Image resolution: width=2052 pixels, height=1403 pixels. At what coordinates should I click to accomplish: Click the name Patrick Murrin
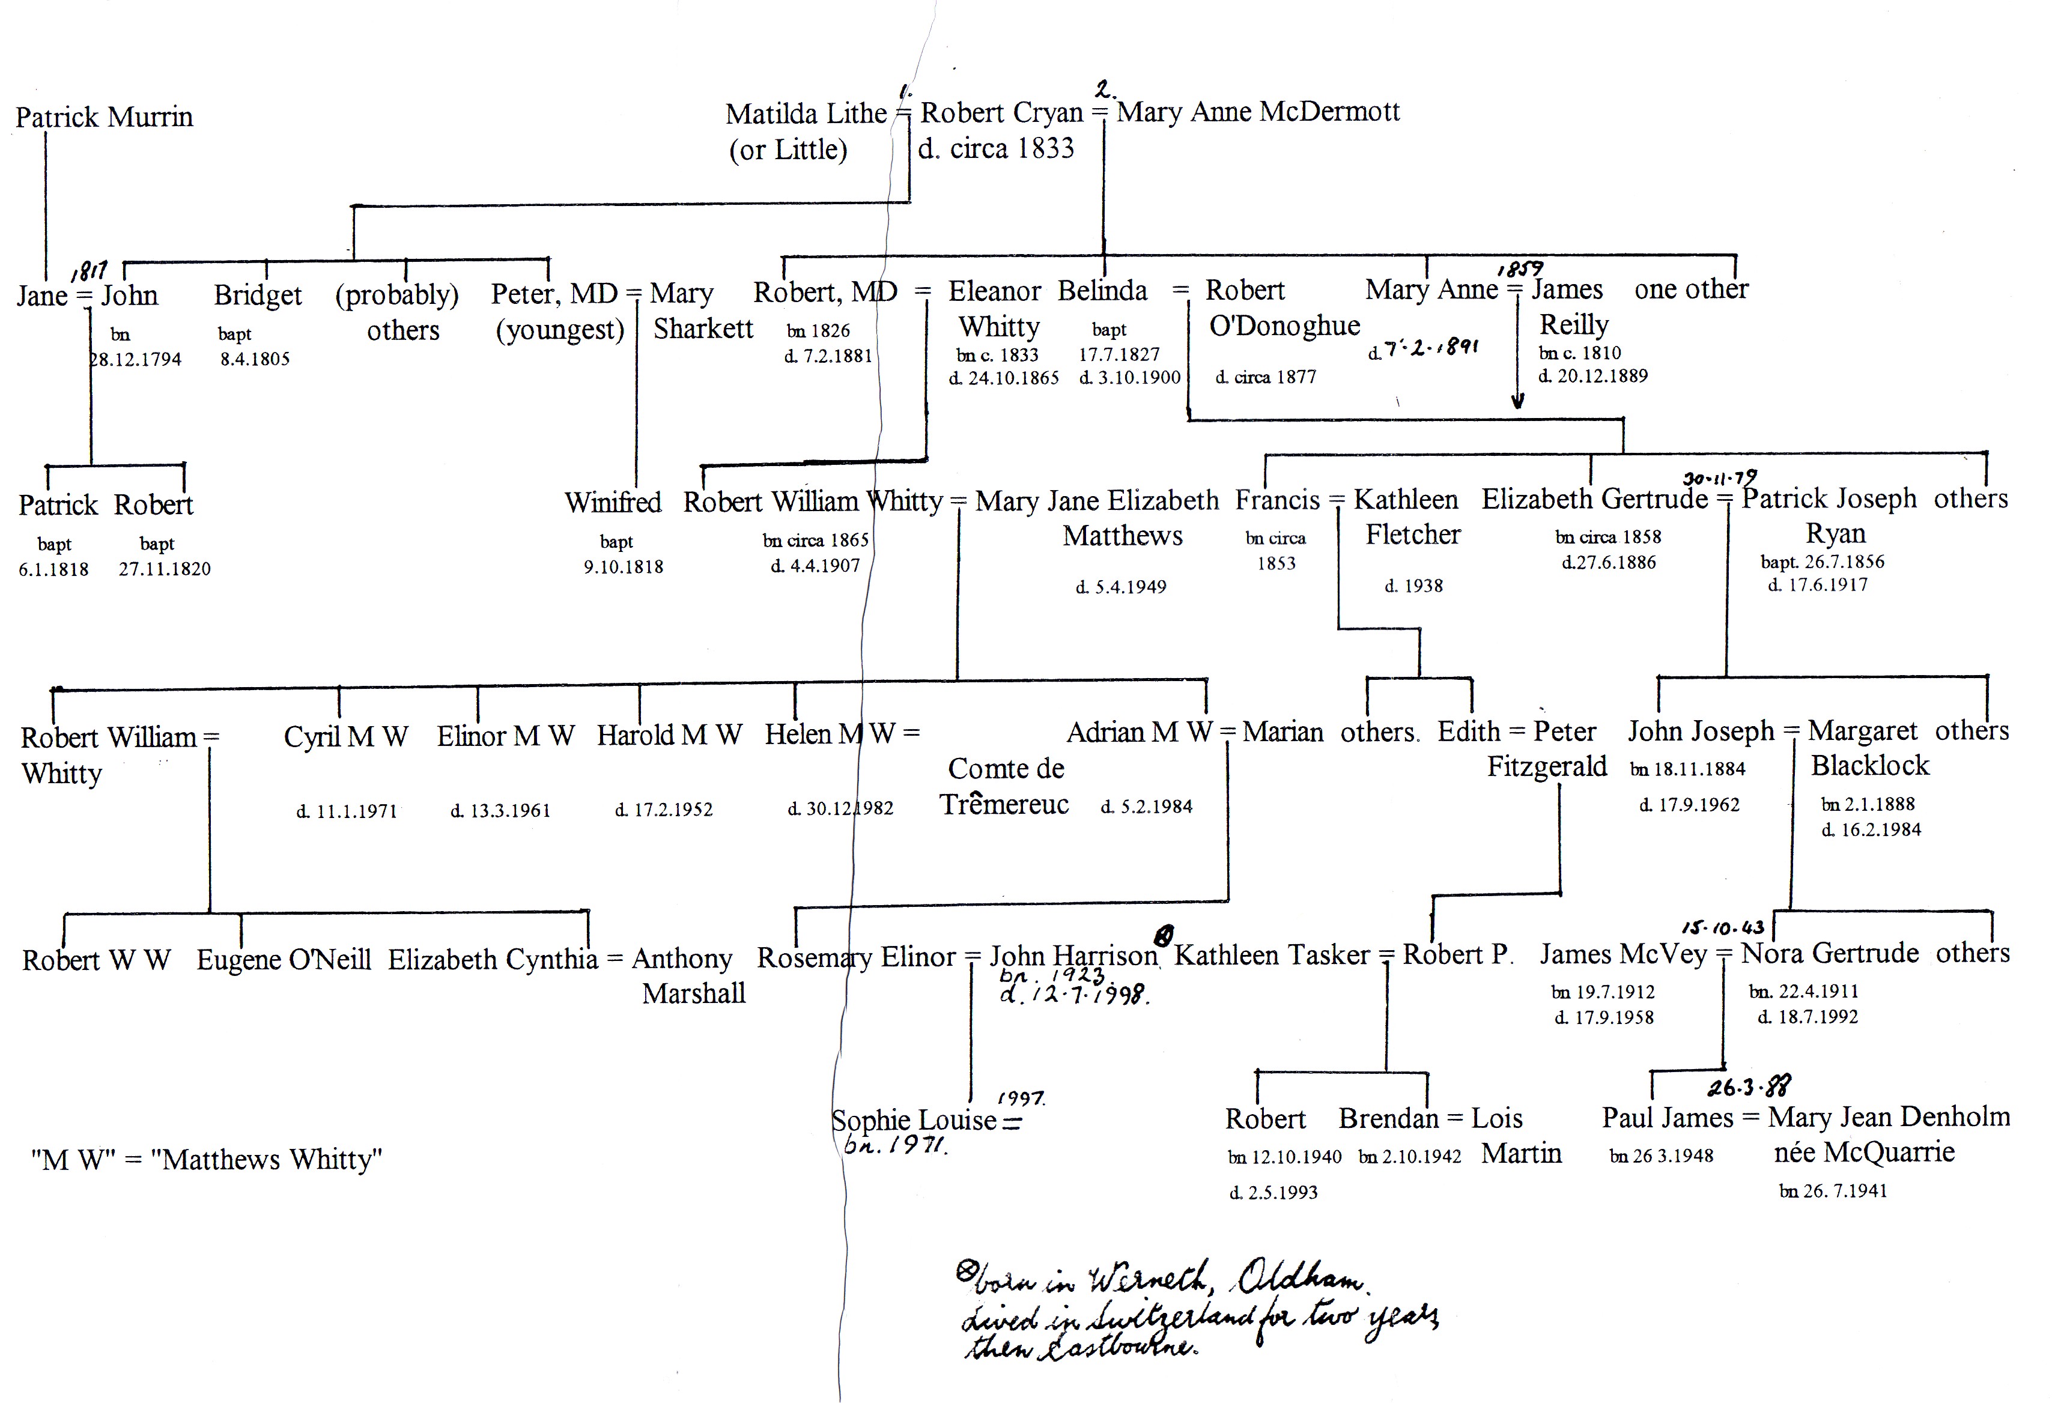[x=104, y=117]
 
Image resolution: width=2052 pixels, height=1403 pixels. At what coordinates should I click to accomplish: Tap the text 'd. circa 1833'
[x=996, y=148]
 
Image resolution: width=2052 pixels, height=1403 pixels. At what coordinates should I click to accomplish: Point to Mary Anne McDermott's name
[x=1258, y=112]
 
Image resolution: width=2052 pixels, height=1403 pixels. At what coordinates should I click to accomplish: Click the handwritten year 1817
[x=89, y=270]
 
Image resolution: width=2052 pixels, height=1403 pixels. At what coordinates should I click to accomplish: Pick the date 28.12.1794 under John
[x=135, y=359]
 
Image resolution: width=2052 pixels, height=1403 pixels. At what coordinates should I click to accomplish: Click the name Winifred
[x=613, y=502]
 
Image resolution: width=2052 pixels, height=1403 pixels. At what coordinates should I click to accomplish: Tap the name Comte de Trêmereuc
[x=1005, y=786]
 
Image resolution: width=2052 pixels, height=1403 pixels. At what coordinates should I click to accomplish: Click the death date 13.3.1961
[x=500, y=811]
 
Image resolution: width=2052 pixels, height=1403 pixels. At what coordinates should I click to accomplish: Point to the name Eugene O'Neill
[x=284, y=959]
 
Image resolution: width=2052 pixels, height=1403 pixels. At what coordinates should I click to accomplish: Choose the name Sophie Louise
[x=914, y=1121]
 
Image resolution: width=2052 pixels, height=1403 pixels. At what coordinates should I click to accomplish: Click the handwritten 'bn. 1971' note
[x=895, y=1146]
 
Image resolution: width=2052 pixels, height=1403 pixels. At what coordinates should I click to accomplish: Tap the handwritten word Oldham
[x=1300, y=1277]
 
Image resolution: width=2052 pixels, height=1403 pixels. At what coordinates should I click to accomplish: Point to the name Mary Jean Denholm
[x=1889, y=1118]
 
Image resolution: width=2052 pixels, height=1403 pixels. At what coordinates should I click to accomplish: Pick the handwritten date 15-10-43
[x=1723, y=927]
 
